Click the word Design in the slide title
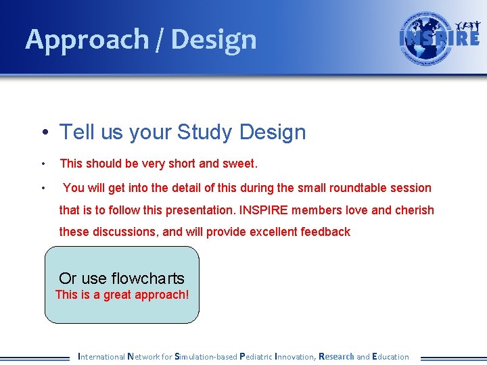tap(214, 40)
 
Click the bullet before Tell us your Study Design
tap(43, 133)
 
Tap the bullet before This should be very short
tap(43, 164)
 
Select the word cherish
tap(412, 210)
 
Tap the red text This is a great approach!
tap(122, 295)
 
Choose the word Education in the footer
tap(390, 356)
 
